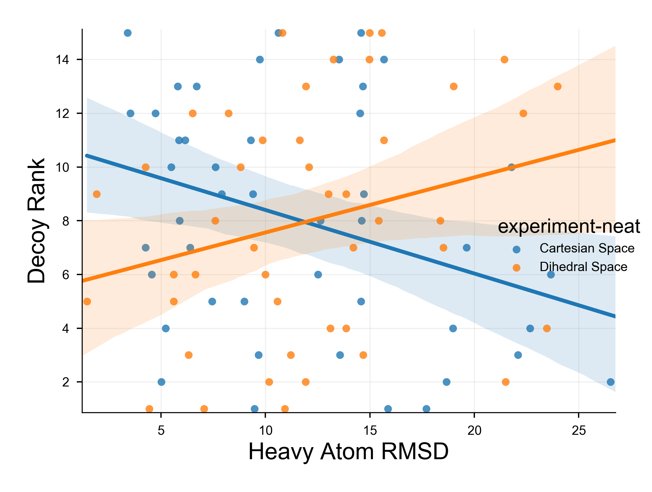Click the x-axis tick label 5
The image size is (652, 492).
click(161, 431)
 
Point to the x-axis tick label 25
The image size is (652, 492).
click(579, 431)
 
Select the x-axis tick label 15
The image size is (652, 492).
click(370, 431)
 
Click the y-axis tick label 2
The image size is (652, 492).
click(66, 382)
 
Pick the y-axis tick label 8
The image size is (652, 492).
click(66, 221)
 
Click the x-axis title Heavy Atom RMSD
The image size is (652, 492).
click(348, 452)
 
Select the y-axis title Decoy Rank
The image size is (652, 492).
click(37, 221)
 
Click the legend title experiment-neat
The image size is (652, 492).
click(569, 226)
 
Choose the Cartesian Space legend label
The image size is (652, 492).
click(587, 248)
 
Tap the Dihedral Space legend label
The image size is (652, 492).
click(583, 267)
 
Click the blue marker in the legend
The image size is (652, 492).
click(516, 249)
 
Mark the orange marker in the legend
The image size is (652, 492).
click(516, 268)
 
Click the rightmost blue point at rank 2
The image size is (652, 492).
click(611, 382)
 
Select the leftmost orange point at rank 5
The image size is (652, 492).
click(87, 301)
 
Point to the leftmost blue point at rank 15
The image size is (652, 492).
click(128, 33)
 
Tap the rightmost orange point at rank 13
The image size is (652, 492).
click(558, 86)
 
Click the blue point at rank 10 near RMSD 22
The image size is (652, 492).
click(511, 167)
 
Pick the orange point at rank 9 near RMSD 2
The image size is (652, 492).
click(97, 194)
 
